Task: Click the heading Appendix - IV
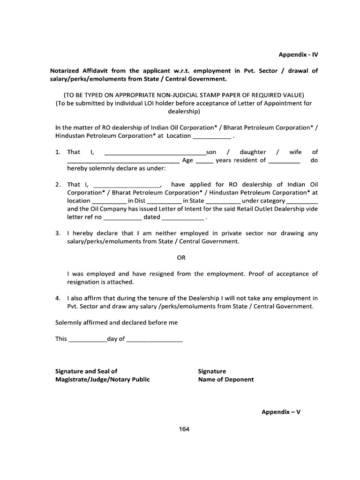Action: [298, 54]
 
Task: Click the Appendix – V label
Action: [280, 412]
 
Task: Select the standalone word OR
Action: [181, 257]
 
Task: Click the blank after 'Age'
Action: [204, 161]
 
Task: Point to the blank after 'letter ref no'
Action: [122, 218]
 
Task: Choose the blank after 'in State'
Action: [223, 201]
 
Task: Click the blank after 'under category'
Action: [301, 201]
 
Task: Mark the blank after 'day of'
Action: [154, 339]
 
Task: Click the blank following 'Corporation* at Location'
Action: [212, 136]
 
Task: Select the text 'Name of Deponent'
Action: [225, 380]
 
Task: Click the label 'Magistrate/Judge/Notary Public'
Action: [103, 380]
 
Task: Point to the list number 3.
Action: [58, 233]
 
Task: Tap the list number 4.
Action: [58, 298]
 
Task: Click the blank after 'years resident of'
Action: [285, 161]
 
